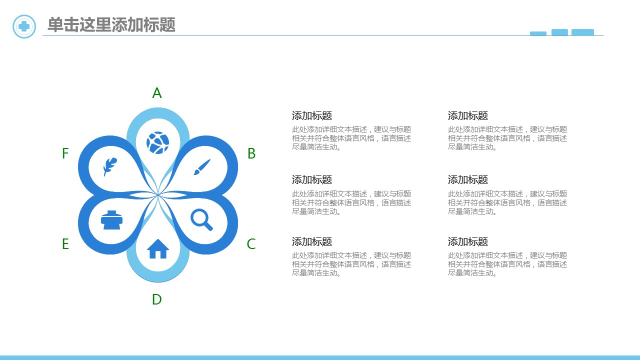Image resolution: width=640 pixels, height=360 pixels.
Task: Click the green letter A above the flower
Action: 157,93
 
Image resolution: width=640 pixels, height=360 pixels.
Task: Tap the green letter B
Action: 251,153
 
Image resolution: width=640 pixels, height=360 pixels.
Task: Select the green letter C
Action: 251,244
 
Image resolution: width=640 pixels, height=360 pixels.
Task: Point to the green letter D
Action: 157,299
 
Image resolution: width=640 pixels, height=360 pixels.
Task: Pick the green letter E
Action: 65,244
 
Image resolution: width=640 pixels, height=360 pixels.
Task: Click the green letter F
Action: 65,153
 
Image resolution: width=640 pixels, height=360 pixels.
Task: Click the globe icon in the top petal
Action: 157,142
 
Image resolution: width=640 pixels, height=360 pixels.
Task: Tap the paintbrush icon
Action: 202,167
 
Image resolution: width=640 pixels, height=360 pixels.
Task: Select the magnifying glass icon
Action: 201,219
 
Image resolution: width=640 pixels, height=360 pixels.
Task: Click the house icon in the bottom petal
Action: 158,249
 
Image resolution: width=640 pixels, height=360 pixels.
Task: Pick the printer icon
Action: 111,220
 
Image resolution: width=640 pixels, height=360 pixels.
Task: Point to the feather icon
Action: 110,166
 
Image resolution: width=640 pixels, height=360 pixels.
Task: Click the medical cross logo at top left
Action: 24,26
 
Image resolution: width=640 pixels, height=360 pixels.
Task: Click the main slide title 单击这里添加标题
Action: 111,24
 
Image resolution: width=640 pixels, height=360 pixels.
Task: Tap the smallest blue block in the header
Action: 538,33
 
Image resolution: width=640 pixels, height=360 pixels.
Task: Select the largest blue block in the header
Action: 582,32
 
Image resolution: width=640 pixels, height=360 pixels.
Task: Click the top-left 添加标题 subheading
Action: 312,115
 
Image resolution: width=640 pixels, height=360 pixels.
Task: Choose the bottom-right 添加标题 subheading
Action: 468,241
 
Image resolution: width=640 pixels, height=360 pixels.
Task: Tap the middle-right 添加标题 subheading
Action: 468,179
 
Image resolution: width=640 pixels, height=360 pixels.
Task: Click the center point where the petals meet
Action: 157,195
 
